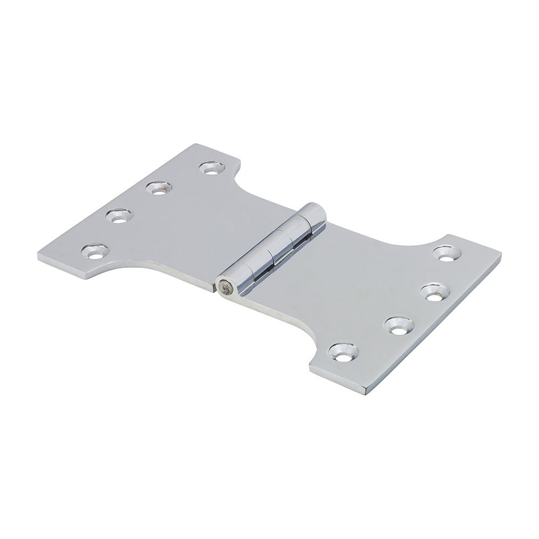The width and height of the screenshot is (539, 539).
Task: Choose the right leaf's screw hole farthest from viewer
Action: click(x=445, y=252)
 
